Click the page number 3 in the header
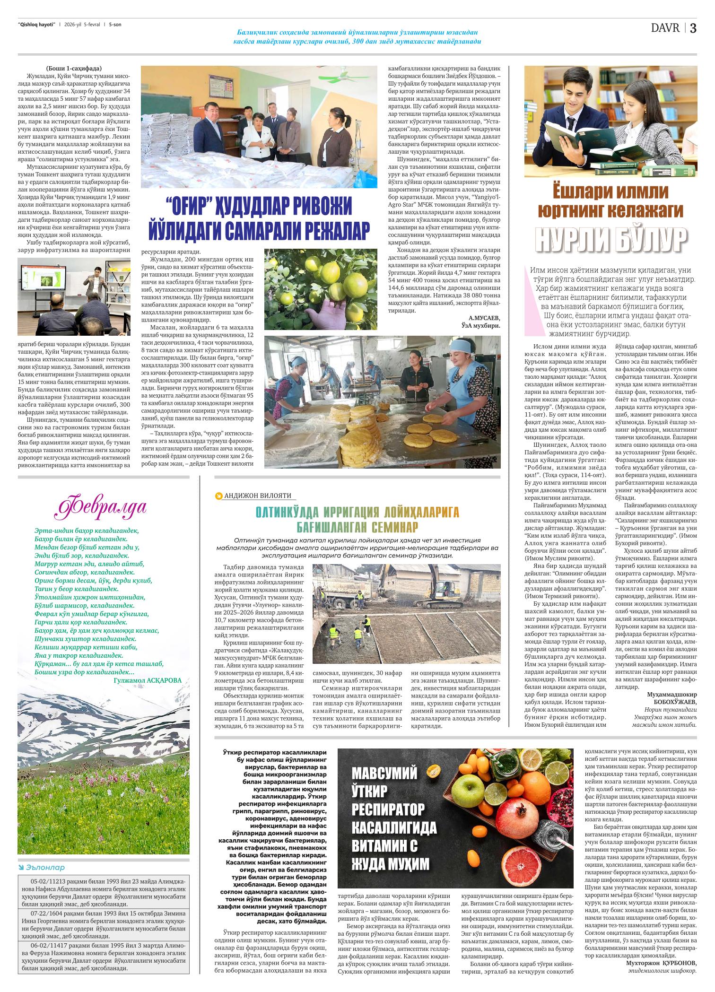pyautogui.click(x=693, y=28)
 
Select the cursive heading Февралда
pyautogui.click(x=101, y=506)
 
